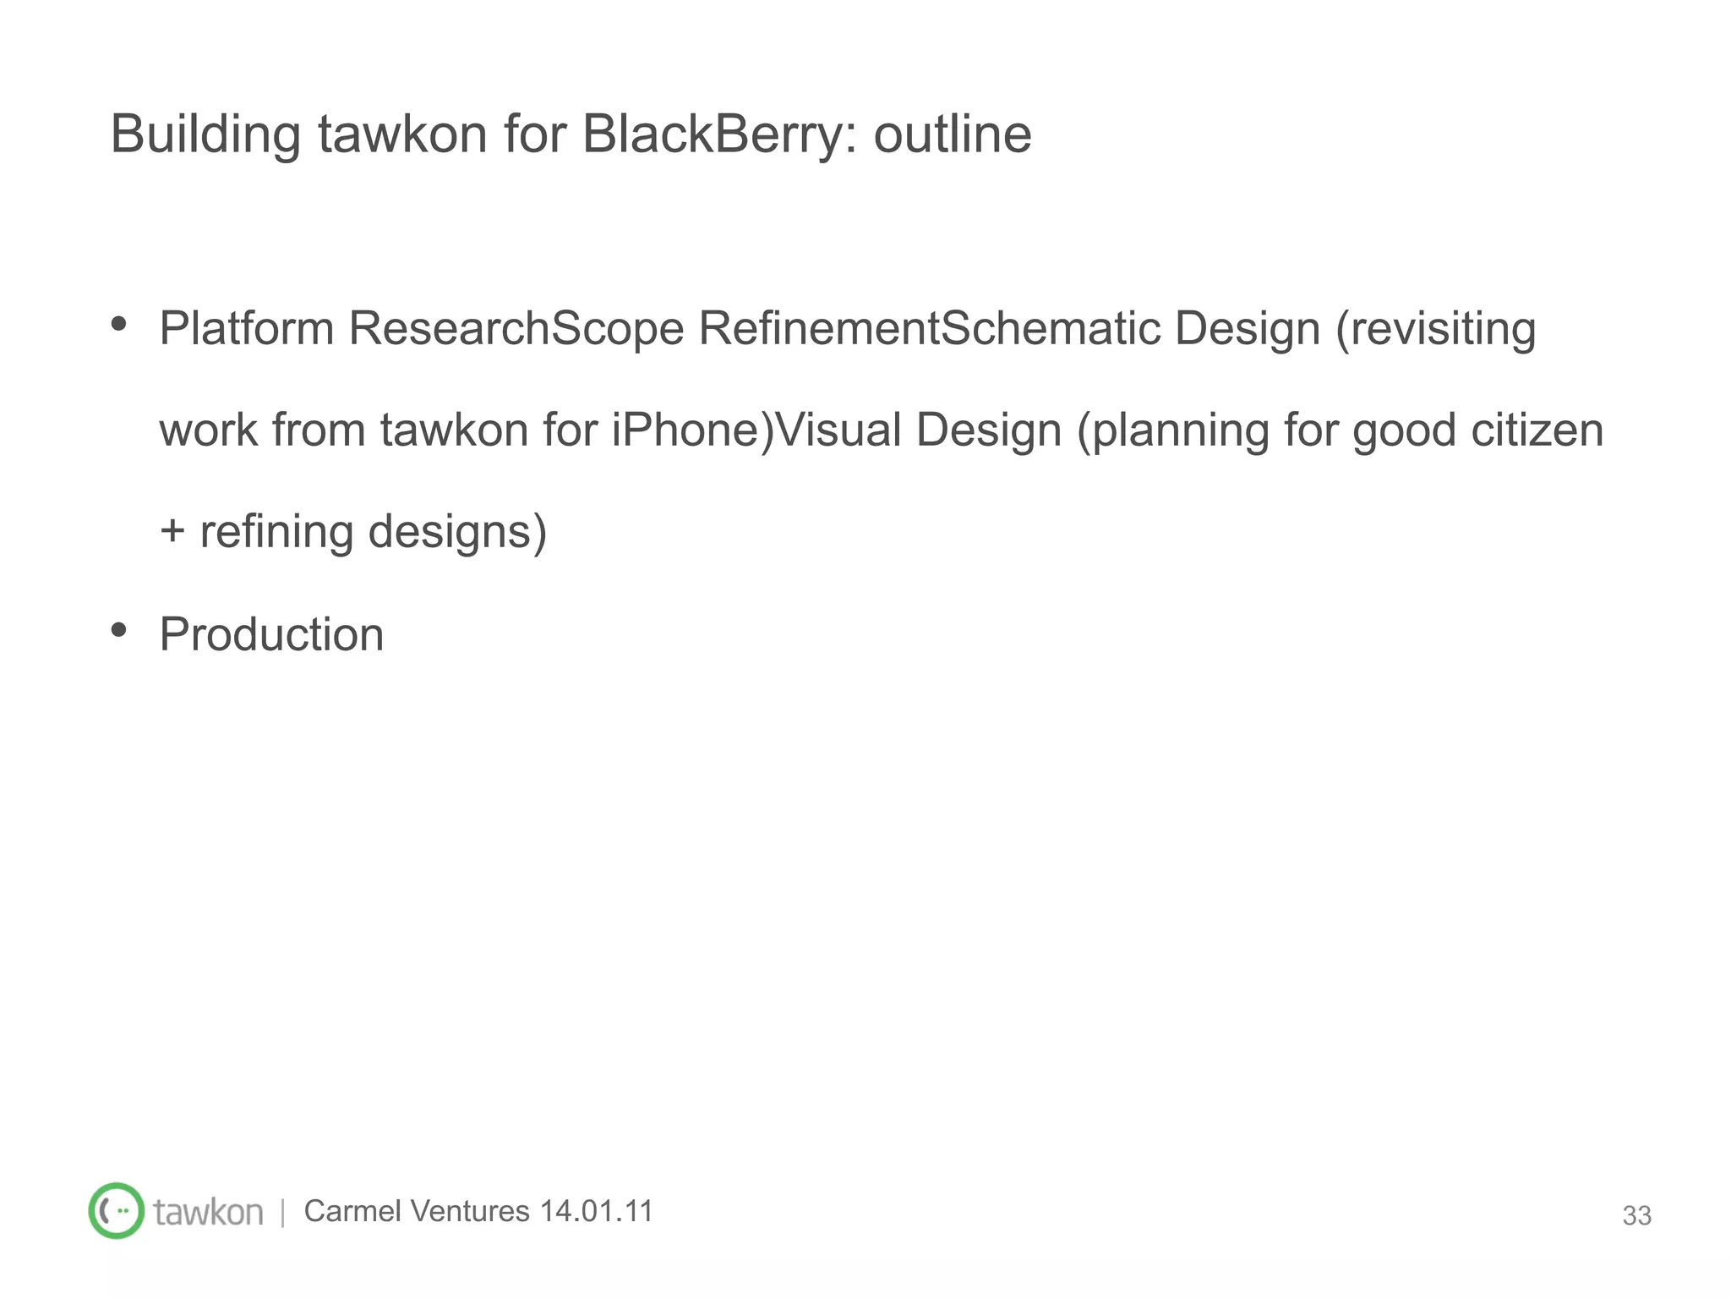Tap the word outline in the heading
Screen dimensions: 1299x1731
click(x=952, y=134)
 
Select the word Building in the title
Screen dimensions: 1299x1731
click(x=205, y=134)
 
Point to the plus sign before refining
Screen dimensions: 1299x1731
click(x=172, y=531)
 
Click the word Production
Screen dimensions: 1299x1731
click(x=271, y=634)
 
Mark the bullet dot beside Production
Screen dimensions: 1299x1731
click(x=119, y=629)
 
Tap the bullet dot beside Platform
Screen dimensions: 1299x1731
click(x=119, y=323)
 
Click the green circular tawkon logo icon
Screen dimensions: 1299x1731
click(x=117, y=1210)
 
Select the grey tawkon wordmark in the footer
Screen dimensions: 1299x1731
click(x=208, y=1212)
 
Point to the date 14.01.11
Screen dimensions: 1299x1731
click(x=597, y=1211)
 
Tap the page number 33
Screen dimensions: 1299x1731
click(x=1636, y=1215)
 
